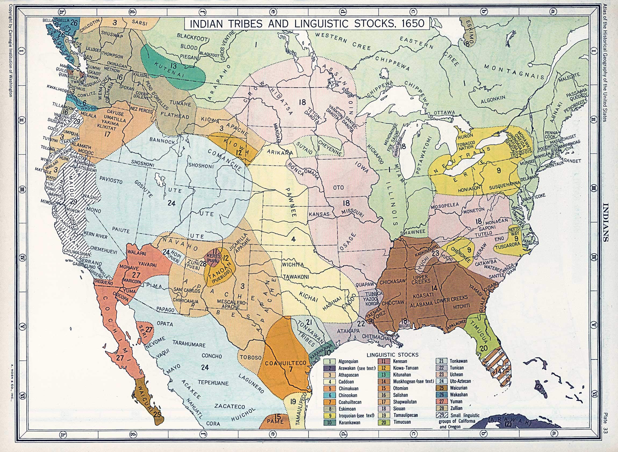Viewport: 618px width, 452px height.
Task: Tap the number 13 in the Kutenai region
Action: click(x=173, y=66)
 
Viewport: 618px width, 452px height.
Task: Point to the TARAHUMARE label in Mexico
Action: click(x=189, y=344)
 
